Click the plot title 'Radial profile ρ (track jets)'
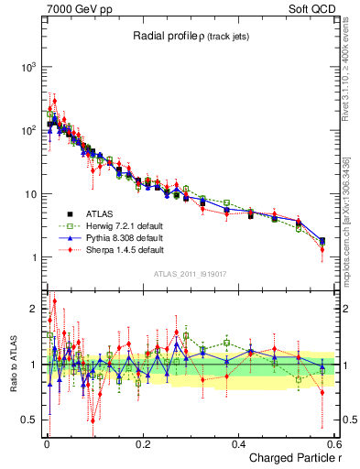[189, 36]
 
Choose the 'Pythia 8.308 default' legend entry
[120, 236]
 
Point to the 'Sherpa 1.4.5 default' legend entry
[120, 248]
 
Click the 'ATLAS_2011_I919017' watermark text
[190, 273]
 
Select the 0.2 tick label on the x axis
[142, 443]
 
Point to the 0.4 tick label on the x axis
[238, 443]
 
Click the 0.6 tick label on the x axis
[333, 443]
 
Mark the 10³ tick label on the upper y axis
[27, 68]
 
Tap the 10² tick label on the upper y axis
[27, 131]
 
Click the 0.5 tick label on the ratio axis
[29, 420]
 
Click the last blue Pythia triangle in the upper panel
[322, 240]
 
